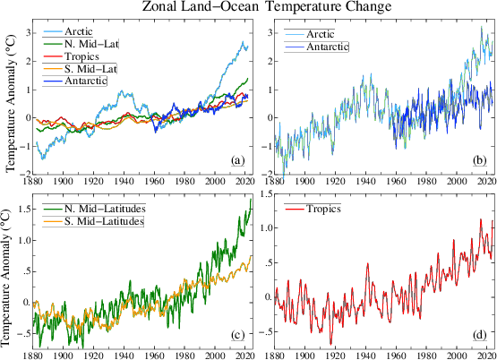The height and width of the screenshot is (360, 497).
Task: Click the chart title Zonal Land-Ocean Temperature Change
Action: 261,8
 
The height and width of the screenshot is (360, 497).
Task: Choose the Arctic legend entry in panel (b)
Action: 324,33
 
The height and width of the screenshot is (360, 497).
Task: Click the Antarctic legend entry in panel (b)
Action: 330,46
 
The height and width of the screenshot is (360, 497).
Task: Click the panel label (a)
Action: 237,160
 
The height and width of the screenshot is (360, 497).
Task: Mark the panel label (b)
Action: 480,160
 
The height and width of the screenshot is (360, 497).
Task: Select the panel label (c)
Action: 237,336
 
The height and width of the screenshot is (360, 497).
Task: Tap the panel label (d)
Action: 480,336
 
